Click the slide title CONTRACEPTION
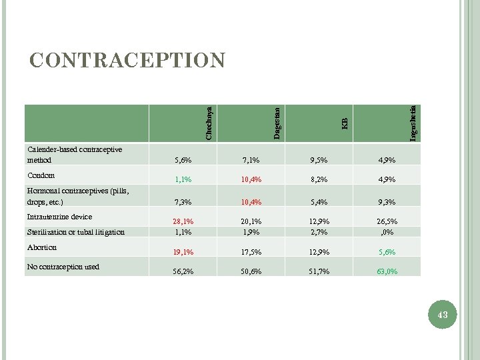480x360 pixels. click(x=128, y=60)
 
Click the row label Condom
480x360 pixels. click(x=41, y=175)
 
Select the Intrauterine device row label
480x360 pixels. click(x=59, y=217)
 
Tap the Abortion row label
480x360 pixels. click(x=42, y=247)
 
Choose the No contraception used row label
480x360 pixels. click(x=63, y=267)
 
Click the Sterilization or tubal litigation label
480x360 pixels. click(x=75, y=232)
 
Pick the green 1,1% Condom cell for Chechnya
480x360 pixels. click(x=183, y=179)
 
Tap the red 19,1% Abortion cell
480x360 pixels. click(x=183, y=253)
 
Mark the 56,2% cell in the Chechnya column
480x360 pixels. click(x=183, y=271)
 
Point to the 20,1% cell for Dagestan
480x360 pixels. click(x=251, y=221)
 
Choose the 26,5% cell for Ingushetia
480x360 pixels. click(x=387, y=221)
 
